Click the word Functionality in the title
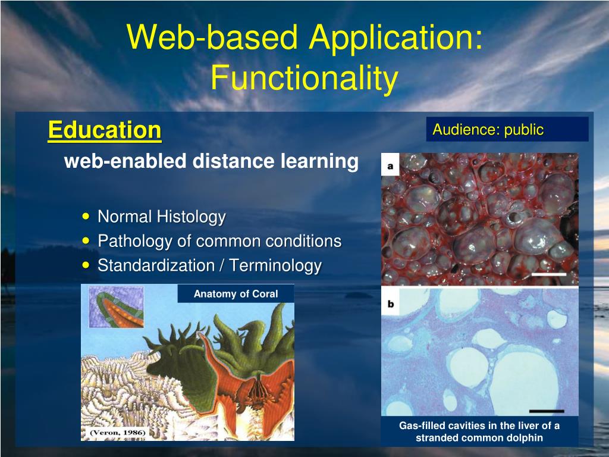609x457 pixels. tap(304, 77)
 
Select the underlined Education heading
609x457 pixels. tap(105, 130)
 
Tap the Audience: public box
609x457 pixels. tap(507, 129)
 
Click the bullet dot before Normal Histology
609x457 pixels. tap(86, 216)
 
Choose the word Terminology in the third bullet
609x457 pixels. tap(275, 266)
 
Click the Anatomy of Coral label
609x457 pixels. tap(236, 294)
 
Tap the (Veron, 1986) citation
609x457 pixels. tap(117, 433)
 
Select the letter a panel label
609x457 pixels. tap(390, 166)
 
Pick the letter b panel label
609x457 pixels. tap(390, 303)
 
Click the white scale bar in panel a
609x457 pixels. tap(549, 274)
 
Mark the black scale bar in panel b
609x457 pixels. tap(547, 411)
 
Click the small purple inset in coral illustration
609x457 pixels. tap(117, 307)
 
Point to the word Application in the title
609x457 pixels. tap(395, 37)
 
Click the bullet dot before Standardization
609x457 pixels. tap(86, 265)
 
